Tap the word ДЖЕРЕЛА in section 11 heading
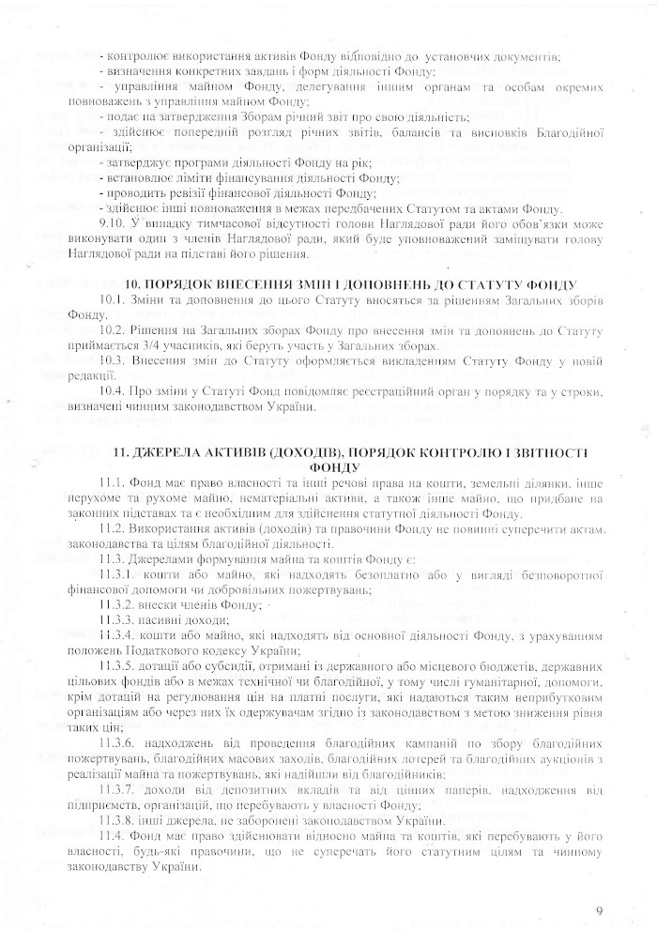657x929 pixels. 166,451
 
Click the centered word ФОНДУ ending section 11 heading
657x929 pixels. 328,465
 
